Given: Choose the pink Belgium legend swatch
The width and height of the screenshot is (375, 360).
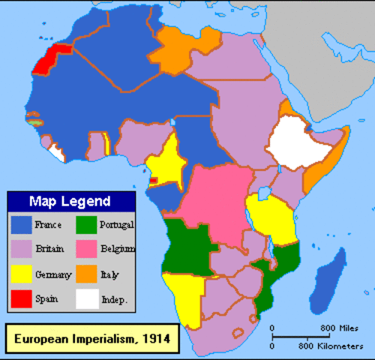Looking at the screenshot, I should pos(87,249).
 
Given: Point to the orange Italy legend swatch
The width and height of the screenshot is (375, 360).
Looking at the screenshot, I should pos(87,274).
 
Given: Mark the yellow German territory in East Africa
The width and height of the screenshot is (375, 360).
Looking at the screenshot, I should pos(274,218).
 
